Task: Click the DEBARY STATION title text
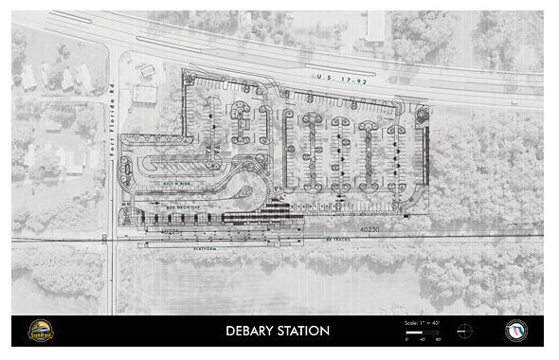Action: [278, 331]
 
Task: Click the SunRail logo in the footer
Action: [41, 331]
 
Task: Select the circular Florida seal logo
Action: [516, 331]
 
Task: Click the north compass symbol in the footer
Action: [463, 331]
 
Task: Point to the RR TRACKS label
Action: [336, 240]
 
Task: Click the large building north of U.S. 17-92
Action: [376, 27]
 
